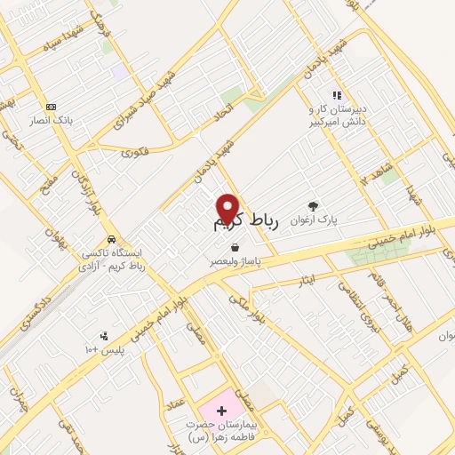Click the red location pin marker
pyautogui.click(x=227, y=208)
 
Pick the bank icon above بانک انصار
pyautogui.click(x=51, y=107)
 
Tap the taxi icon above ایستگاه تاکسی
pyautogui.click(x=110, y=241)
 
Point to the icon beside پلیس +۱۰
pyautogui.click(x=105, y=336)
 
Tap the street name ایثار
pyautogui.click(x=307, y=280)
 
